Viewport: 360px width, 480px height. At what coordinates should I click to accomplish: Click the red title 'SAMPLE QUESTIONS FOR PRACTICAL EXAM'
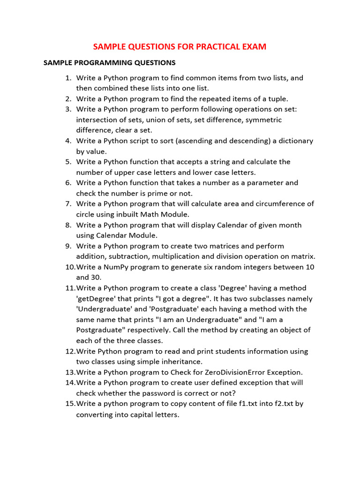click(x=180, y=46)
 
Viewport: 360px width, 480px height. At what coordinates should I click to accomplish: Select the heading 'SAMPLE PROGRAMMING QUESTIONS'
click(x=109, y=62)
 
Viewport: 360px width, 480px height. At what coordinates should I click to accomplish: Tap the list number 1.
click(x=68, y=78)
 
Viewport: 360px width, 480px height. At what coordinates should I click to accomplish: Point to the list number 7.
click(x=68, y=203)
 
